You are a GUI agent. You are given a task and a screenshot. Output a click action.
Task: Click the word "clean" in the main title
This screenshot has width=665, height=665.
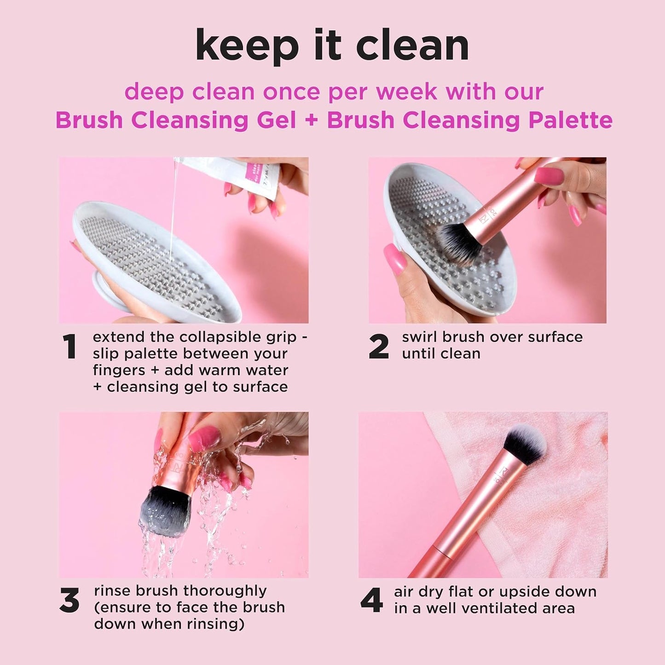click(412, 46)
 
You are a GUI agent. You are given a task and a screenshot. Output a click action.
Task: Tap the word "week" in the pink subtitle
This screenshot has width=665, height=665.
click(406, 92)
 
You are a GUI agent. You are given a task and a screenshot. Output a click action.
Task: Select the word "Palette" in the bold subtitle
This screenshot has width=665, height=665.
click(570, 121)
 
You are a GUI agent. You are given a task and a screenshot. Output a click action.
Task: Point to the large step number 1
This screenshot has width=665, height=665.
click(69, 347)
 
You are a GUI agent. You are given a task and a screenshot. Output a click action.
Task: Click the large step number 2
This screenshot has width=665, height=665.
click(379, 347)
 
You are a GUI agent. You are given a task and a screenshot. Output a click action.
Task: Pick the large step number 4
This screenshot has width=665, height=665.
click(371, 601)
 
